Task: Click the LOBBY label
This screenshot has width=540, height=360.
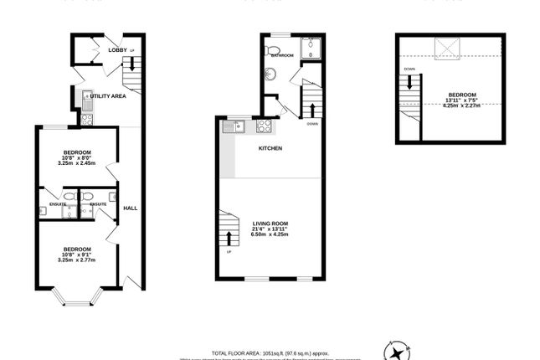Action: coord(116,51)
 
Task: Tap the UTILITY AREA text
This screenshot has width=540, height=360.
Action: coord(108,97)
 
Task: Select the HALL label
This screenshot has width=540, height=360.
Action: coord(130,208)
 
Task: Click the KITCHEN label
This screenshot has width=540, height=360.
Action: coord(270,148)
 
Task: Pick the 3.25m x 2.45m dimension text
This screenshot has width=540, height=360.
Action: coord(76,163)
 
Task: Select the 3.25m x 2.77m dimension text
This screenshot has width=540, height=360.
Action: coord(76,260)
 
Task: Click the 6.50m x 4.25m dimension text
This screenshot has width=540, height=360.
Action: coord(269,236)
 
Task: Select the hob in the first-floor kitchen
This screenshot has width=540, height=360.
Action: coord(263,127)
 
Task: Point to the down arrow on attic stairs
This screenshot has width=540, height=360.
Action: coord(409,83)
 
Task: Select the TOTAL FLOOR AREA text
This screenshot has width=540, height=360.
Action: coord(268,353)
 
